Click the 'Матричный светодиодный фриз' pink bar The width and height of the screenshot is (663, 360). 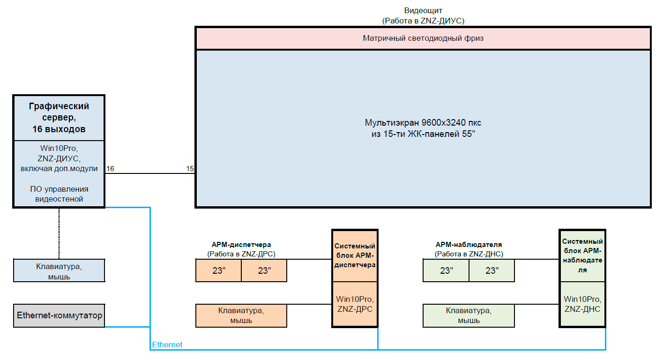click(x=423, y=38)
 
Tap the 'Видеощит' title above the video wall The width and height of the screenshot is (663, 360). click(x=423, y=10)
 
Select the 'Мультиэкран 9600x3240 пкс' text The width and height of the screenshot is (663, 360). click(x=423, y=123)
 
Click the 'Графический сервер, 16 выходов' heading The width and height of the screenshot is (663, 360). click(x=59, y=118)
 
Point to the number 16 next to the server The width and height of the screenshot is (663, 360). click(x=110, y=169)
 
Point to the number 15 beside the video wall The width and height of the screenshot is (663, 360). click(x=190, y=169)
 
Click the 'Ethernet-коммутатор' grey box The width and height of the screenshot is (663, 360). click(x=59, y=315)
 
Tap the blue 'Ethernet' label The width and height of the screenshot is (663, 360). click(x=167, y=345)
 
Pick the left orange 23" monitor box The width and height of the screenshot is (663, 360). click(x=218, y=271)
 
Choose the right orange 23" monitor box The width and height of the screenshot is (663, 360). click(x=264, y=271)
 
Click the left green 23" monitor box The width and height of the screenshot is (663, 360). click(x=446, y=271)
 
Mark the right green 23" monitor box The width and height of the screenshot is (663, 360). click(x=492, y=271)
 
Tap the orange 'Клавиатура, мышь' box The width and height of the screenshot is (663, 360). click(x=241, y=315)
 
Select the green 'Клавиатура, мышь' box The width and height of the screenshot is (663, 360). click(x=469, y=315)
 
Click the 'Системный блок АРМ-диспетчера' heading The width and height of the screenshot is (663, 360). click(x=355, y=255)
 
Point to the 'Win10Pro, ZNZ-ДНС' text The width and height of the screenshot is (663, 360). click(x=582, y=304)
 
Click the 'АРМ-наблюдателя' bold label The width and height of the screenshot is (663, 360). click(x=469, y=245)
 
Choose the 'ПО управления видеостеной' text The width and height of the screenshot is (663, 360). click(x=59, y=194)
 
